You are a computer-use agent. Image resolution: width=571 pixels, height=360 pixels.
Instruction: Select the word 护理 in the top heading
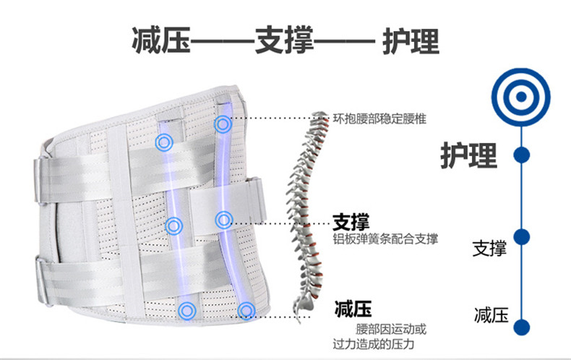pos(411,42)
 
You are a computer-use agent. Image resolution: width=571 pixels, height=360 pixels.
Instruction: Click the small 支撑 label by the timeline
pos(489,249)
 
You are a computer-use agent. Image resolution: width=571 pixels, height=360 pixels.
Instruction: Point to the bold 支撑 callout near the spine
pos(351,221)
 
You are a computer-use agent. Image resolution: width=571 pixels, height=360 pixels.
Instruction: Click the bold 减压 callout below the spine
pos(353,311)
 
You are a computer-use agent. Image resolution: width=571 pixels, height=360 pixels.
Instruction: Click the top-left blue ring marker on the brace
pos(164,142)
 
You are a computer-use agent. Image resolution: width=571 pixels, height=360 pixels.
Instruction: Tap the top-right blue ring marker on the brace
pos(222,124)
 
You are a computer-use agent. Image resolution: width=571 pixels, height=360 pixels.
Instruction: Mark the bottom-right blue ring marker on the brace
pos(246,311)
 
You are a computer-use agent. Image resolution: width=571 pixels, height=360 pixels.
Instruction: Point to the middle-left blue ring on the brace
pos(173,226)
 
